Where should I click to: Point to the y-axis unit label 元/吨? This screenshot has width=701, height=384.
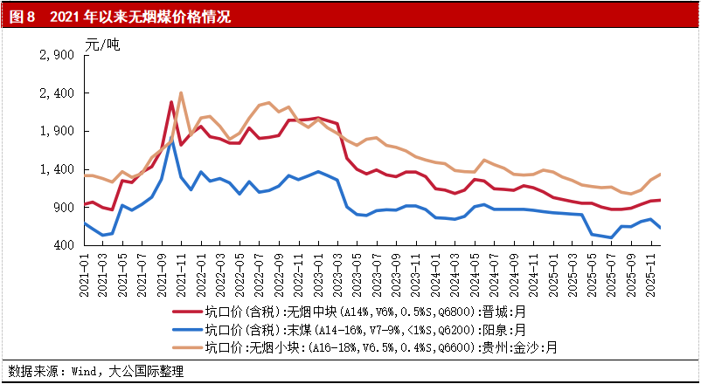tap(101, 43)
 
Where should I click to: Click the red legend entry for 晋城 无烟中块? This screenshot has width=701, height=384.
tap(364, 312)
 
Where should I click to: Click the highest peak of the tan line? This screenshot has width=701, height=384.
tap(180, 93)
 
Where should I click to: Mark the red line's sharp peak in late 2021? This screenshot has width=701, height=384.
tap(171, 102)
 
